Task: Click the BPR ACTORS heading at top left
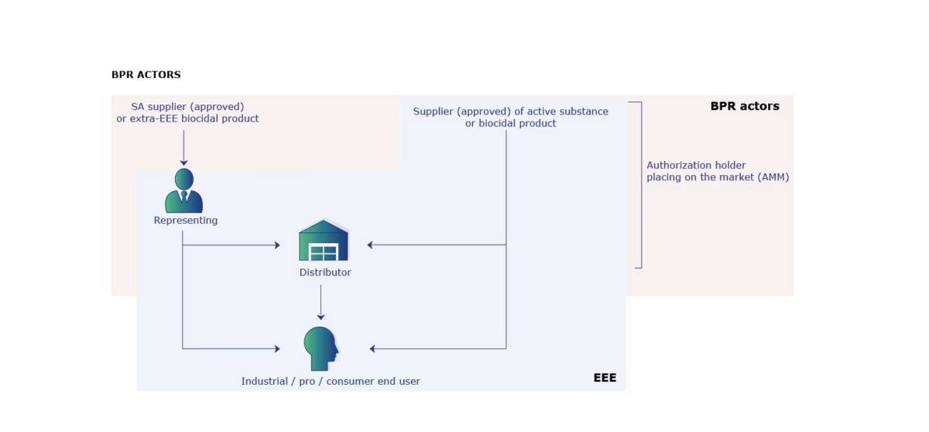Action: (146, 75)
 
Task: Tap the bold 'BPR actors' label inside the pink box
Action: (745, 106)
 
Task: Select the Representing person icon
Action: (184, 190)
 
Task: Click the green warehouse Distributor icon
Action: (324, 241)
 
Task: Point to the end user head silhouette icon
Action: (321, 348)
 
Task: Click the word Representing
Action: (186, 221)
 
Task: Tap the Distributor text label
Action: (325, 273)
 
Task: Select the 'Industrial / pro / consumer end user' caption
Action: (331, 381)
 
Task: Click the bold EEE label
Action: (605, 379)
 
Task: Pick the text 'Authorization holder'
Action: (696, 165)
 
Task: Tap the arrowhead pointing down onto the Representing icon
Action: (184, 162)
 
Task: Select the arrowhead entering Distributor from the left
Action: (276, 245)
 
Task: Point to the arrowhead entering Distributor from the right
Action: (371, 245)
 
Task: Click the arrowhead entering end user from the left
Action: (276, 349)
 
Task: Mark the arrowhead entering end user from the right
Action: (373, 349)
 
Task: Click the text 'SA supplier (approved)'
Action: (187, 106)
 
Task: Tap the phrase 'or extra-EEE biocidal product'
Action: (187, 118)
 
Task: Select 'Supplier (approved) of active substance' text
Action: (510, 111)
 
